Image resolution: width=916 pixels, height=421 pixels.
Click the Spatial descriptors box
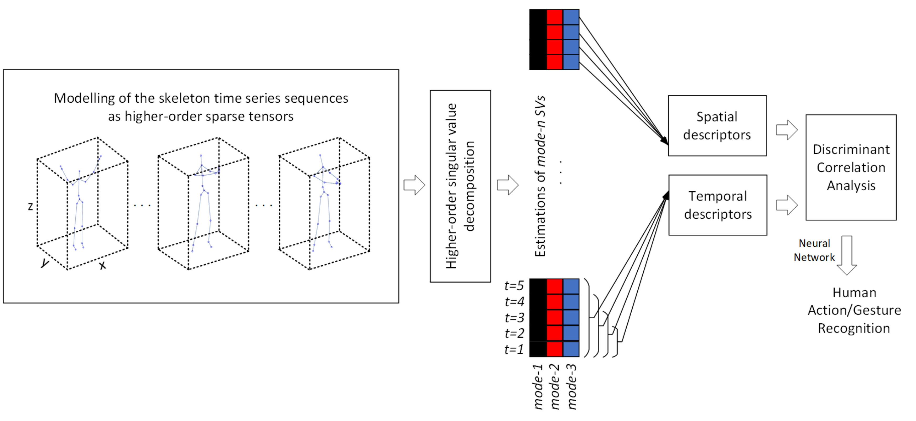717,125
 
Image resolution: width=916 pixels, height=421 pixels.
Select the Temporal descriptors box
717,205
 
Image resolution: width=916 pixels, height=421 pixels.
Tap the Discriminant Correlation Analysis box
851,167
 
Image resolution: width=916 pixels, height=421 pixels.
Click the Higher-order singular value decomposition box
460,186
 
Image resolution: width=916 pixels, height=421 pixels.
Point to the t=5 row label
514,286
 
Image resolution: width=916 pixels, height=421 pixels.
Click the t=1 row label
514,349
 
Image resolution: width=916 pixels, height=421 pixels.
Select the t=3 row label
514,317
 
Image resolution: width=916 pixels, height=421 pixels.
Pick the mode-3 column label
571,387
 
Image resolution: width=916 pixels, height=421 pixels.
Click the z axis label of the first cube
30,206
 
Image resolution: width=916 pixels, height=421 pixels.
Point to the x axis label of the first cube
102,265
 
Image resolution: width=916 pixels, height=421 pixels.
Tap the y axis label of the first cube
45,263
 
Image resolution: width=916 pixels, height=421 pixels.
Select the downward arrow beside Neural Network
846,255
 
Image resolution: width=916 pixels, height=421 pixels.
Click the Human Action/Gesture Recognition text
854,310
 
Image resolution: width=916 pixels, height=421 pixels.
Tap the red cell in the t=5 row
554,286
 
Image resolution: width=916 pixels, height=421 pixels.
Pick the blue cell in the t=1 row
571,349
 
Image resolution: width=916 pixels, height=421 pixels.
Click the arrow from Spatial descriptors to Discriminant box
787,130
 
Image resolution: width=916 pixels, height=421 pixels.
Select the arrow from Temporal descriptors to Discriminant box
787,205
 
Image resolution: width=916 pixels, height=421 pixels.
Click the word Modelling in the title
84,98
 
